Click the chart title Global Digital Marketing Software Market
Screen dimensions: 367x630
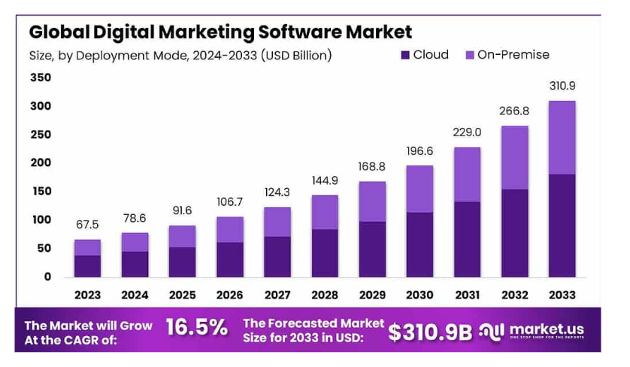(220, 32)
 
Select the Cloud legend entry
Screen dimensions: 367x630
(424, 55)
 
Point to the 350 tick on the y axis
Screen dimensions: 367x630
(41, 77)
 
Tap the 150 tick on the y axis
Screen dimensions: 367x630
(41, 191)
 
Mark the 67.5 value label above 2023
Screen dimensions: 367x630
(87, 225)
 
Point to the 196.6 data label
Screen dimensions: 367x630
(419, 150)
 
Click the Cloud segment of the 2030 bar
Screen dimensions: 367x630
(419, 244)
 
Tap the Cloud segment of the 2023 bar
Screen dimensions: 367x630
(87, 265)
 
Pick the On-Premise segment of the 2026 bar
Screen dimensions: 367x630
(229, 229)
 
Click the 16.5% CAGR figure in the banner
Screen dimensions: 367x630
(196, 328)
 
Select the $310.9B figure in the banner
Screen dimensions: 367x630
(430, 332)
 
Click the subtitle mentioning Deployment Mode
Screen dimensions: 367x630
(180, 55)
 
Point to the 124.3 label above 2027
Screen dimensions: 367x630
(277, 193)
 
